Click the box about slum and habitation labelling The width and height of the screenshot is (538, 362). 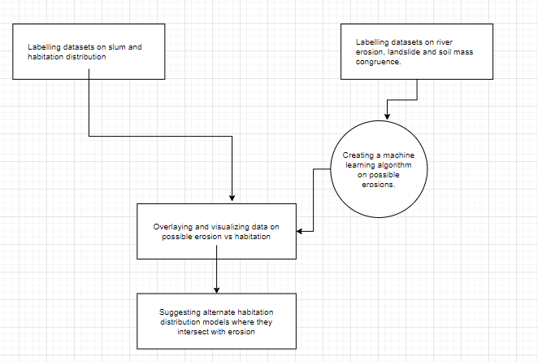point(88,51)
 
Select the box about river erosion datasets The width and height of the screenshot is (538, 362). point(416,51)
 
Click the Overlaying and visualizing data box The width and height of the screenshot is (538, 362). point(216,231)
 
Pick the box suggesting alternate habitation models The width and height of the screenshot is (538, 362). point(216,321)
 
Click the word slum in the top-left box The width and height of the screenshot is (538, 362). point(117,47)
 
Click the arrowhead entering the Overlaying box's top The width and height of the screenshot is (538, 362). point(232,198)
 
